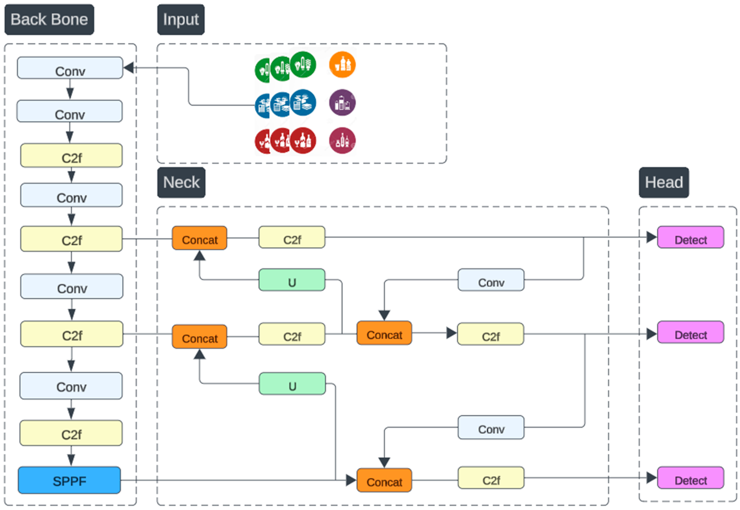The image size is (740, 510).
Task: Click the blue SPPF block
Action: [69, 480]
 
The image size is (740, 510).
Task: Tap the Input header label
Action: [181, 20]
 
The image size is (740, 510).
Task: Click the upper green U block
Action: [292, 280]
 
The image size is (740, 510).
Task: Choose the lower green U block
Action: [292, 384]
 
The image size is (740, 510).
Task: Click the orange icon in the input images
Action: [342, 65]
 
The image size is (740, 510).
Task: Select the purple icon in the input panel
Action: [342, 102]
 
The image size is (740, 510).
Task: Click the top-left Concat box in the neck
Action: [200, 238]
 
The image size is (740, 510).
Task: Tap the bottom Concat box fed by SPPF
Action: [384, 480]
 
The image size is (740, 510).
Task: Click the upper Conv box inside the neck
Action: [491, 280]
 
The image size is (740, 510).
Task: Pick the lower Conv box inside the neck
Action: [491, 427]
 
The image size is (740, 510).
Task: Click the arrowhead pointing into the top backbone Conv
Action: [129, 68]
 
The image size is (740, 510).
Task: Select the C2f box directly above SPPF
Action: [71, 433]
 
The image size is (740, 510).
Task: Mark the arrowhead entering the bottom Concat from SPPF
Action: [351, 480]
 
